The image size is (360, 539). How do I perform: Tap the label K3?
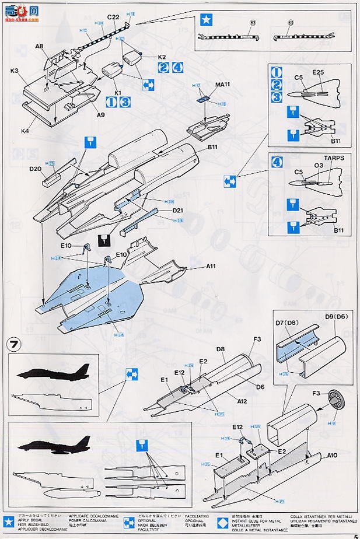[x=15, y=70]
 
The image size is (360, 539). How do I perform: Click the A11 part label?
[x=211, y=265]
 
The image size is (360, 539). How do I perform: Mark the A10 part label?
[x=332, y=456]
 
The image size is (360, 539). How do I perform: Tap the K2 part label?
[x=162, y=57]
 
